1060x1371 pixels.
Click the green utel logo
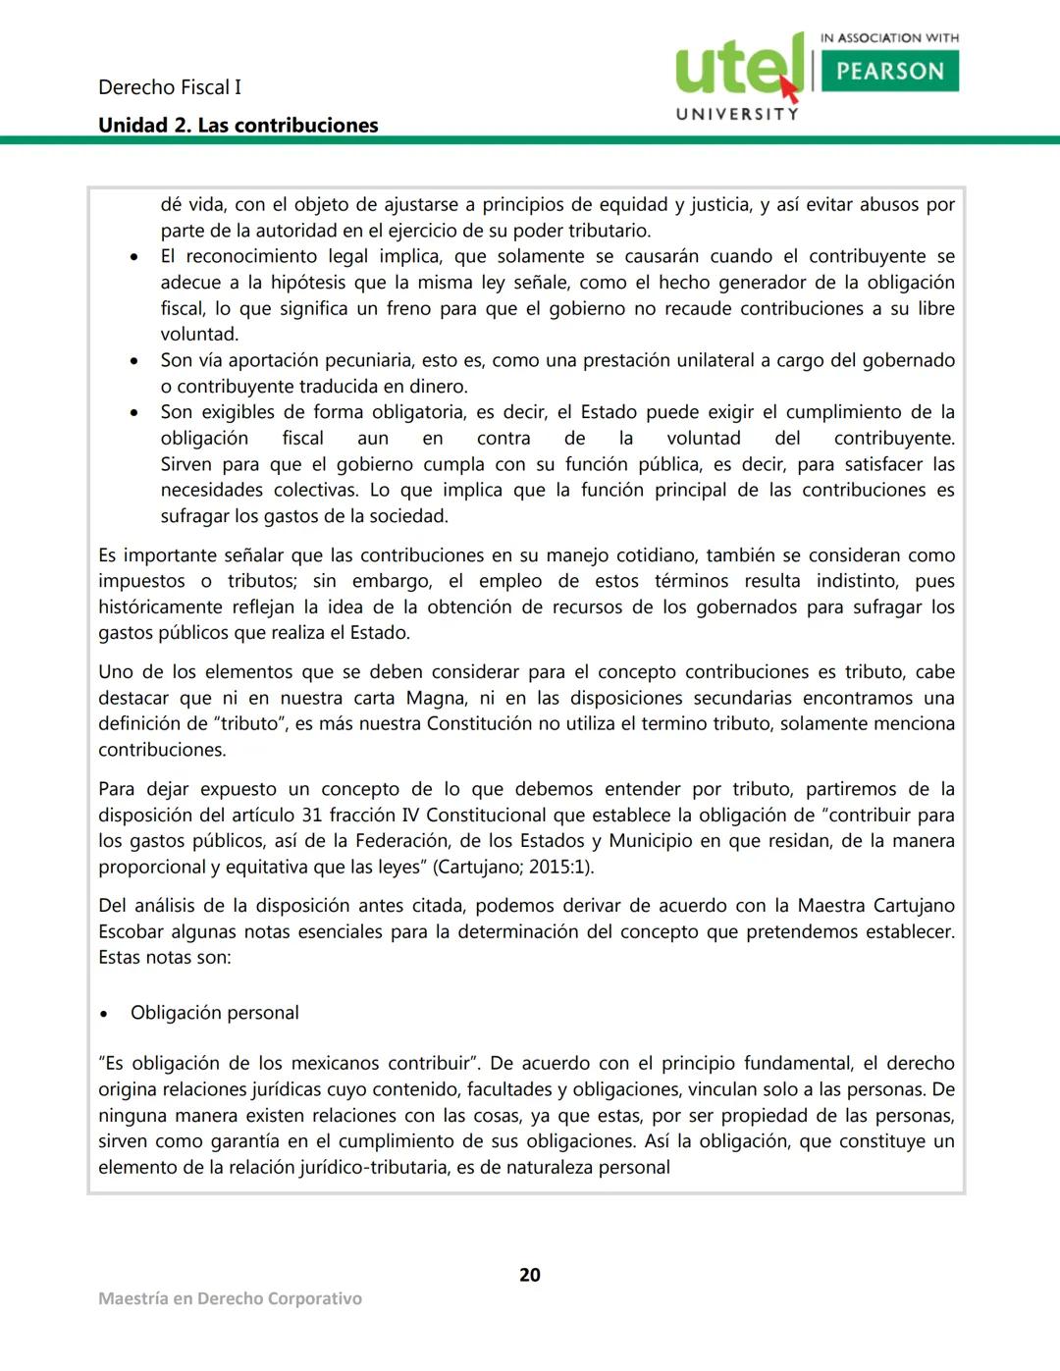coord(736,67)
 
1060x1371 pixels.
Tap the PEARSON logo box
coord(889,71)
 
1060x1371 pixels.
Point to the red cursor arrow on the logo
coord(789,89)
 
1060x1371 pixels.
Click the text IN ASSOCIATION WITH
coord(889,38)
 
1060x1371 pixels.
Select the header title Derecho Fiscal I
coord(170,87)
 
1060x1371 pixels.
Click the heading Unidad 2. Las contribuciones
coord(238,126)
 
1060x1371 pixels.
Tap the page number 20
coord(530,1275)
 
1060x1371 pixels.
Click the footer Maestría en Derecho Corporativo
coord(230,1298)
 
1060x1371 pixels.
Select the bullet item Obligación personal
coord(215,1013)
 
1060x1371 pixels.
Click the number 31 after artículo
coord(312,815)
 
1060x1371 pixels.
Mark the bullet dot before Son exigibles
coord(134,413)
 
